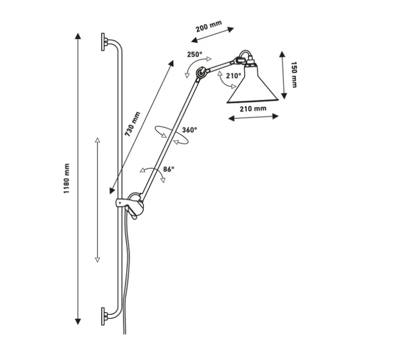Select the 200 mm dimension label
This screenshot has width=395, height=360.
click(208, 27)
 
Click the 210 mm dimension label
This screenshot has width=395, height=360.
click(253, 109)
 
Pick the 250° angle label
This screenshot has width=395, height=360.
click(195, 54)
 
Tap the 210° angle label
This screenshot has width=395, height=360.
click(233, 76)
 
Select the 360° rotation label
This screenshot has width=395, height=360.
click(190, 129)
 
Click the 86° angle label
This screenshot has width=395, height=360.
click(168, 169)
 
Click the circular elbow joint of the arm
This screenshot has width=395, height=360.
click(201, 73)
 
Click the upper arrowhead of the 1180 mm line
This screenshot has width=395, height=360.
click(78, 36)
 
